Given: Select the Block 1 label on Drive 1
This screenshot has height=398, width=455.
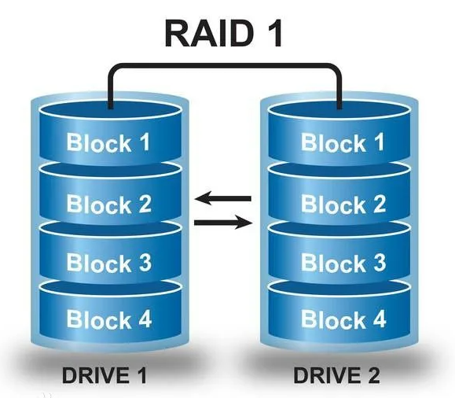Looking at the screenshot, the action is [x=108, y=142].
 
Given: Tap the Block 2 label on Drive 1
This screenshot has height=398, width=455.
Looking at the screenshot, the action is [x=108, y=204].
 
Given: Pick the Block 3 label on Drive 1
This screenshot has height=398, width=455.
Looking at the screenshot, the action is [x=108, y=263].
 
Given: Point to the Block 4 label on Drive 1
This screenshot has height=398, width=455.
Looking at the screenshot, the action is [x=109, y=319].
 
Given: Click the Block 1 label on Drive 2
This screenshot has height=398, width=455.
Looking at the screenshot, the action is [x=343, y=142].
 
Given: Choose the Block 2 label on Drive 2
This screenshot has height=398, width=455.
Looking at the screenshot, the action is [x=343, y=204].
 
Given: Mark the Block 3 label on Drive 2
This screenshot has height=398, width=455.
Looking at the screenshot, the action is [x=343, y=263].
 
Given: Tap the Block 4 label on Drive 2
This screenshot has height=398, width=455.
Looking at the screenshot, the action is [x=343, y=319].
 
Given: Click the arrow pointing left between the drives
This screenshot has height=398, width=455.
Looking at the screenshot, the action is [x=223, y=199].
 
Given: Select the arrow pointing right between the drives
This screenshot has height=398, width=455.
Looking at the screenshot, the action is [x=223, y=223].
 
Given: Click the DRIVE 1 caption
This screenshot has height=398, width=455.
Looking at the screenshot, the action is [x=105, y=375].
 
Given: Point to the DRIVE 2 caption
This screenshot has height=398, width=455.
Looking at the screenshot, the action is [x=336, y=375].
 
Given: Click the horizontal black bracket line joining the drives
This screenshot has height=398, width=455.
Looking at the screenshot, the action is [x=225, y=66].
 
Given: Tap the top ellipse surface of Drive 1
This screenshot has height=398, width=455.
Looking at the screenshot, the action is [x=110, y=111].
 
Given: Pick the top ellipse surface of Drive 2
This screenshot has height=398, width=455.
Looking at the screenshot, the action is [x=339, y=111].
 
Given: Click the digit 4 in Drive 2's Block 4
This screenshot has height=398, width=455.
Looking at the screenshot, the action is [x=377, y=319].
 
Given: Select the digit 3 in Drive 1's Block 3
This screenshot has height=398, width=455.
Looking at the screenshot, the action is [x=144, y=263].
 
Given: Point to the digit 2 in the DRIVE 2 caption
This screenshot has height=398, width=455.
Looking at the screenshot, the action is [x=372, y=375].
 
